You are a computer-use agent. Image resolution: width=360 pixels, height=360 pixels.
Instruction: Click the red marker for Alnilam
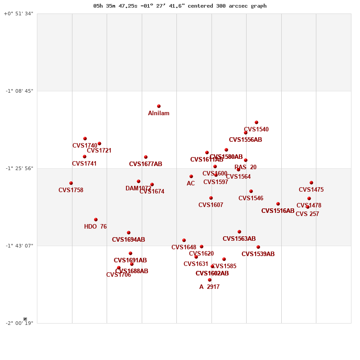tap(159, 106)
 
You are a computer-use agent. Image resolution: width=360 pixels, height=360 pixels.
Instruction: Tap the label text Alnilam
tap(159, 113)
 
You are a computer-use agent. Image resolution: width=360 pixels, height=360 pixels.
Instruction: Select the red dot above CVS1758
tap(71, 183)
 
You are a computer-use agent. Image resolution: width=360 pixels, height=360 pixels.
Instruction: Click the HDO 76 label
tap(95, 227)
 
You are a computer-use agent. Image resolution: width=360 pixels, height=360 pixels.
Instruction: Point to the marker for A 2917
tap(210, 280)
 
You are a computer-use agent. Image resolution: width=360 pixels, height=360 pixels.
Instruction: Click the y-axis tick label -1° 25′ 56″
tap(19, 168)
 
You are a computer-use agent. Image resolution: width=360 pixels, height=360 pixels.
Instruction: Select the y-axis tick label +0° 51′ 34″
tap(19, 13)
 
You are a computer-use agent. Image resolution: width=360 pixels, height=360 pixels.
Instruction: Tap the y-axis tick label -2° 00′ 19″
tap(19, 323)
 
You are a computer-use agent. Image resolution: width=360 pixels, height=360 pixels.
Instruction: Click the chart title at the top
tap(180, 6)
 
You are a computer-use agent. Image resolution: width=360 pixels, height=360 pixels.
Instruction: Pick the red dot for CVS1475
tap(311, 183)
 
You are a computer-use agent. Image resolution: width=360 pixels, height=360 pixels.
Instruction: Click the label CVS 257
tap(307, 214)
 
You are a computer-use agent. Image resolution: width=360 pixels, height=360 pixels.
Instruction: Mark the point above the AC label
tap(191, 176)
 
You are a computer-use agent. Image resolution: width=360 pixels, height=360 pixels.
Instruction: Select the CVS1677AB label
tap(145, 164)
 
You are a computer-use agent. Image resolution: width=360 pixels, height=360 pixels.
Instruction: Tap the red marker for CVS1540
tap(256, 122)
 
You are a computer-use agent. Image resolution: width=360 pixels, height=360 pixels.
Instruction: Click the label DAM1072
tap(138, 189)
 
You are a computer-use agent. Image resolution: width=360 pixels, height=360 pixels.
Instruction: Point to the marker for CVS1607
tap(211, 198)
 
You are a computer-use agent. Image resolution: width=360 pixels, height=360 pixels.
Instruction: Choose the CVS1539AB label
tap(258, 254)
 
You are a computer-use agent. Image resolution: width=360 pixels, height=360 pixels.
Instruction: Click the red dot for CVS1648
tap(184, 240)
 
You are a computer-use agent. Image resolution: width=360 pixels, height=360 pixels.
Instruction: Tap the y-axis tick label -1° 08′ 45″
tap(19, 91)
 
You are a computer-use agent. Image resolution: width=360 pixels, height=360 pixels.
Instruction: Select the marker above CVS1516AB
tap(278, 204)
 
